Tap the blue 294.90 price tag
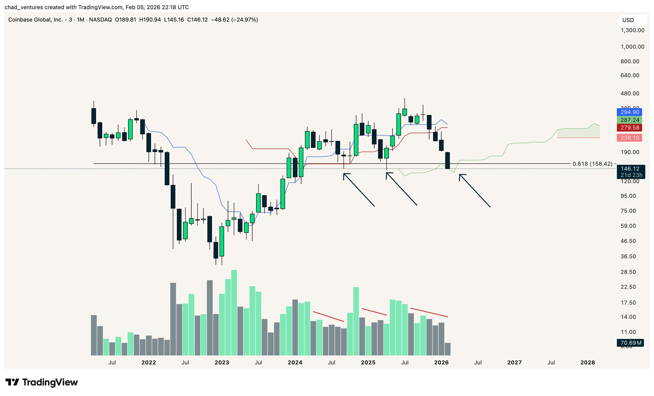pyautogui.click(x=630, y=112)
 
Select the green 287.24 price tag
pyautogui.click(x=630, y=120)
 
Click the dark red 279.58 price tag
pyautogui.click(x=630, y=128)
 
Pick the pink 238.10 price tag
pyautogui.click(x=630, y=138)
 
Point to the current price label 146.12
pyautogui.click(x=630, y=169)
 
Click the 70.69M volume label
pyautogui.click(x=630, y=343)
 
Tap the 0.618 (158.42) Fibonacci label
pyautogui.click(x=592, y=164)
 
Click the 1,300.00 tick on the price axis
pyautogui.click(x=632, y=30)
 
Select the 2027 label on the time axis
pyautogui.click(x=514, y=362)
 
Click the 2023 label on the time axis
pyautogui.click(x=222, y=362)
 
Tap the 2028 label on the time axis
pyautogui.click(x=588, y=362)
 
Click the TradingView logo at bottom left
pyautogui.click(x=42, y=382)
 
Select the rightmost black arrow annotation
pyautogui.click(x=475, y=191)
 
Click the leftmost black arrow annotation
pyautogui.click(x=359, y=190)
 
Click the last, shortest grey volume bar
pyautogui.click(x=448, y=349)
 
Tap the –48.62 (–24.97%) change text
pyautogui.click(x=235, y=20)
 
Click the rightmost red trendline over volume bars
pyautogui.click(x=429, y=312)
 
